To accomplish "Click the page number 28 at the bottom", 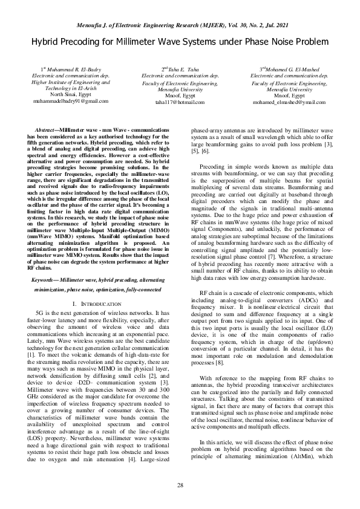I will pos(180,485).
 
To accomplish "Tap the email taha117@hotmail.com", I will pos(180,102).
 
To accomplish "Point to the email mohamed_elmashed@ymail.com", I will pos(289,102).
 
